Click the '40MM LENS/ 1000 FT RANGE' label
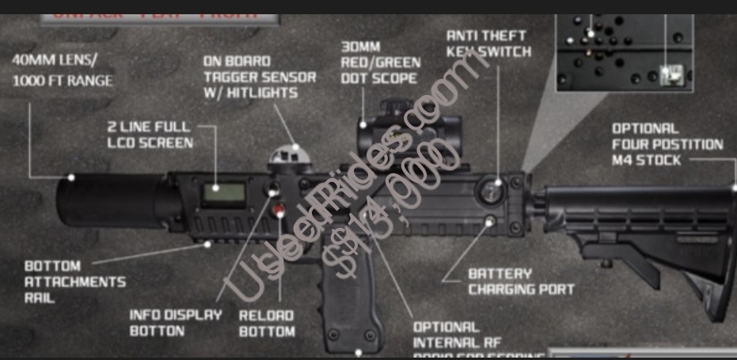(x=63, y=70)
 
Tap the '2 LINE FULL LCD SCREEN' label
(x=149, y=135)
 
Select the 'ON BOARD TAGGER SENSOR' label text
(x=259, y=77)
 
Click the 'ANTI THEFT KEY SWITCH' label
(x=485, y=44)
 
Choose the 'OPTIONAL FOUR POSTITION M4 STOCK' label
(x=667, y=145)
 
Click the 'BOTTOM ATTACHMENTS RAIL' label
(x=74, y=282)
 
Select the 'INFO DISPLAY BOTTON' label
(x=176, y=322)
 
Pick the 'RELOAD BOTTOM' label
(x=267, y=323)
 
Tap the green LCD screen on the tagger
(x=220, y=193)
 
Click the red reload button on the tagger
(x=278, y=210)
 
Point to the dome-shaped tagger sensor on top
(x=287, y=155)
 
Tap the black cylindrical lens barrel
(x=111, y=201)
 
